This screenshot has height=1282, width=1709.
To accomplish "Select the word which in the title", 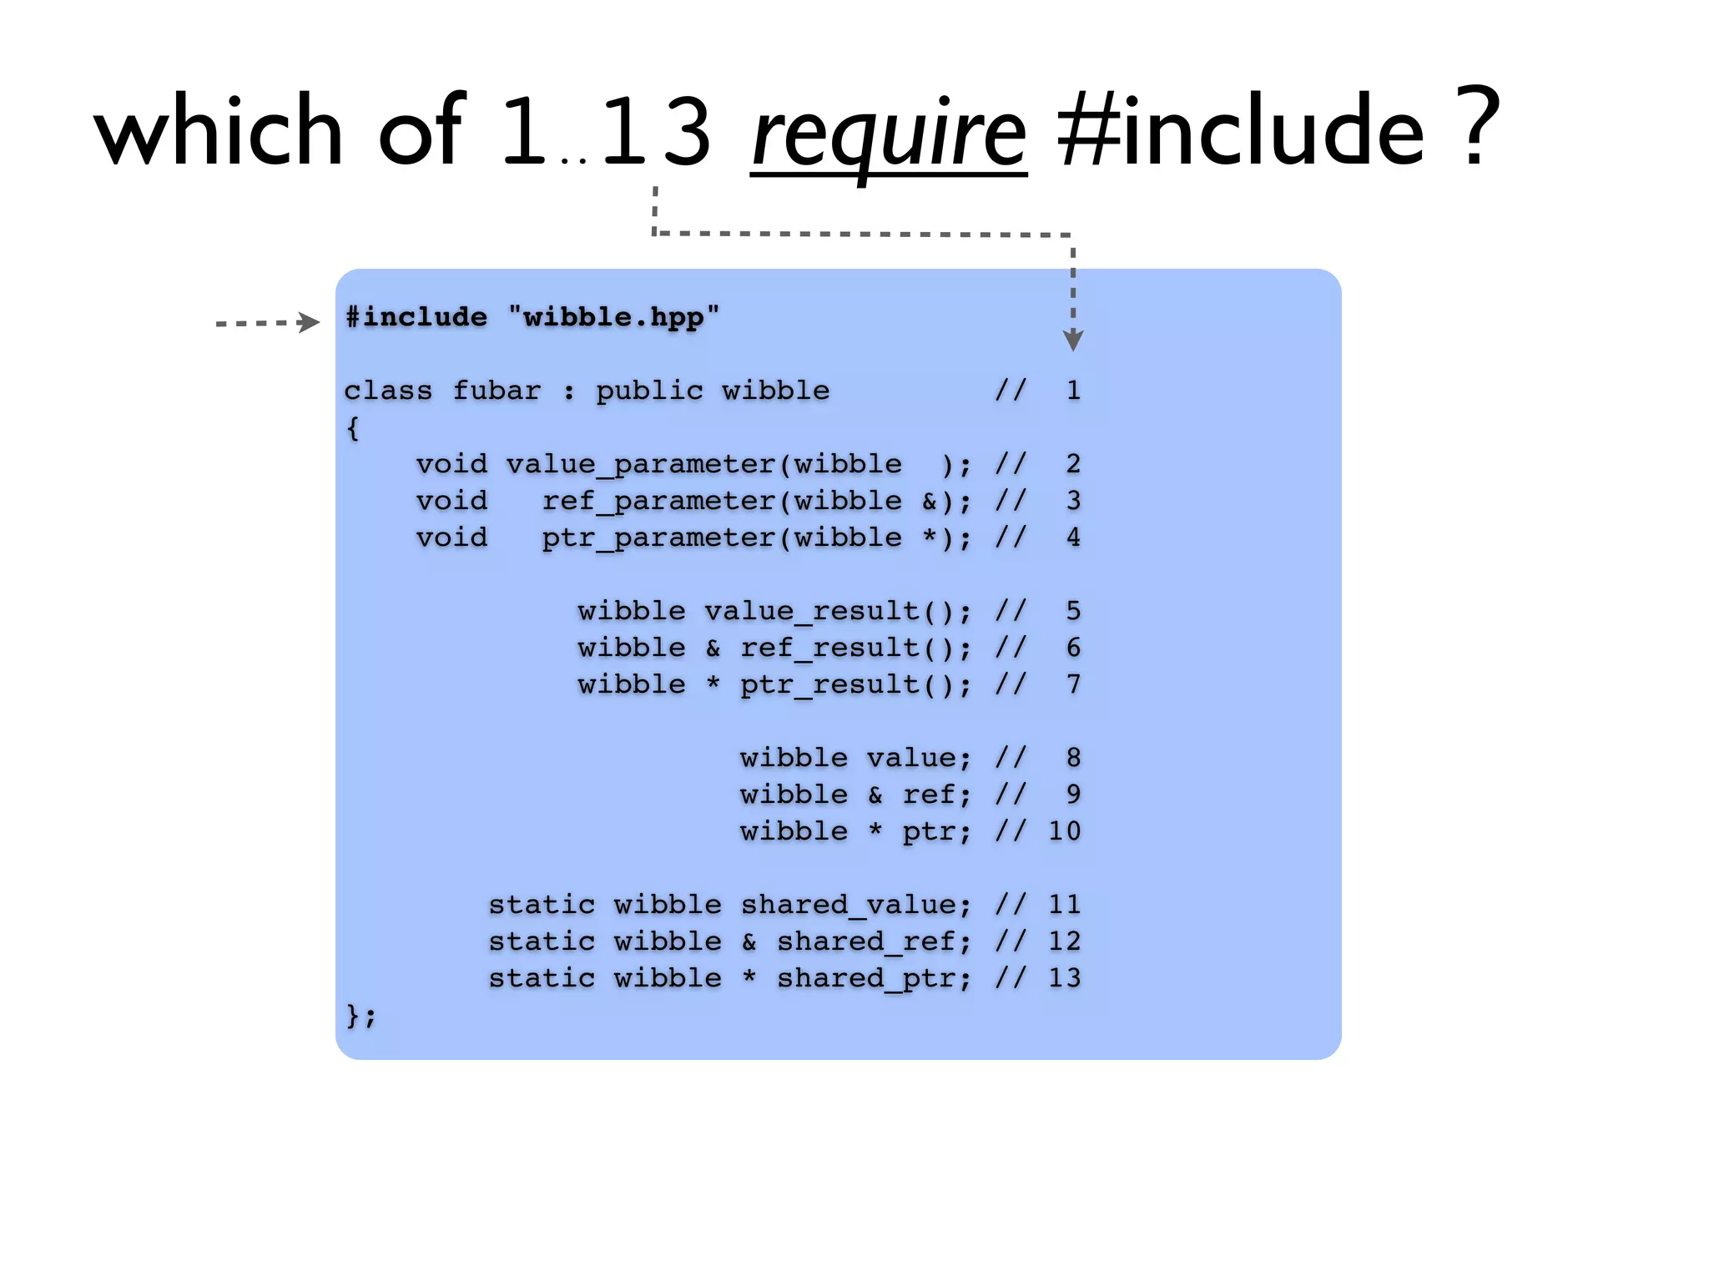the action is (219, 129).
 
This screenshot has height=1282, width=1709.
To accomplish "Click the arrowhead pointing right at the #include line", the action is (309, 322).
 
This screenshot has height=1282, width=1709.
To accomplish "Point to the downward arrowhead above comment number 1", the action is (1073, 340).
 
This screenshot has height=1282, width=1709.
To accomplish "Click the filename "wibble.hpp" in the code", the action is (613, 317).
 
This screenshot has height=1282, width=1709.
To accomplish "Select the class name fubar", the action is (497, 391).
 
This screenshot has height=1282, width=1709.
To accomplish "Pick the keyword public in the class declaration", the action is (649, 391).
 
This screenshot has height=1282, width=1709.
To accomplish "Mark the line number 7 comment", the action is (1073, 684).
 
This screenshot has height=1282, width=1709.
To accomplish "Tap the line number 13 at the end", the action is (1064, 978).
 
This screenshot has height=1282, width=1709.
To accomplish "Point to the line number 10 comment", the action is (1064, 831).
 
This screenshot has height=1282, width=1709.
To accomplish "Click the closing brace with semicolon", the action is (360, 1016).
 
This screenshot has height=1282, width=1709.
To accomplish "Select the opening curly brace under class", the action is (353, 428).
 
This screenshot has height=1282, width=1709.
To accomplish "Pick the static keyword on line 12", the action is (542, 941).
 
